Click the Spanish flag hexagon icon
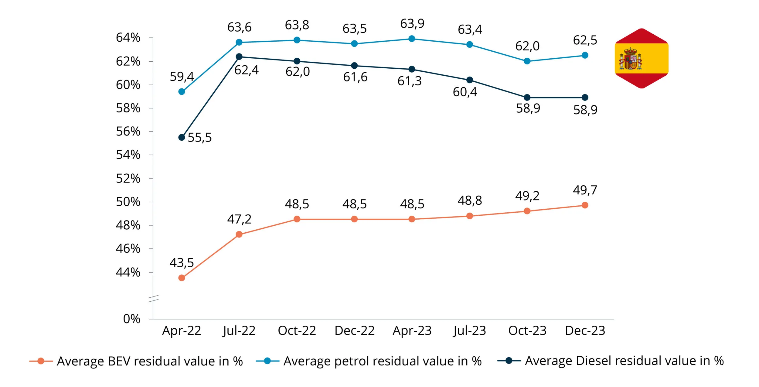(641, 58)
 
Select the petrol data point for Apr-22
(182, 91)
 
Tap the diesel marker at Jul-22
(239, 57)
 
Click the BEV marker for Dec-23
(585, 205)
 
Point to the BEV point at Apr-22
(182, 278)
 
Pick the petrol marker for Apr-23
(412, 39)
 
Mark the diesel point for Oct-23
(527, 98)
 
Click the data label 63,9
(412, 24)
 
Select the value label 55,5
(199, 138)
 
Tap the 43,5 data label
(182, 263)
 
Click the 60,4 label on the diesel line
(465, 92)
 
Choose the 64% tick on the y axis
(128, 38)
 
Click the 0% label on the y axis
(131, 319)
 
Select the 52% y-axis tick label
(128, 179)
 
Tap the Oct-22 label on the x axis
(297, 330)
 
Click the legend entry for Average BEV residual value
(136, 361)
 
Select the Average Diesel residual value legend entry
(611, 361)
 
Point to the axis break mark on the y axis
(153, 299)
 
